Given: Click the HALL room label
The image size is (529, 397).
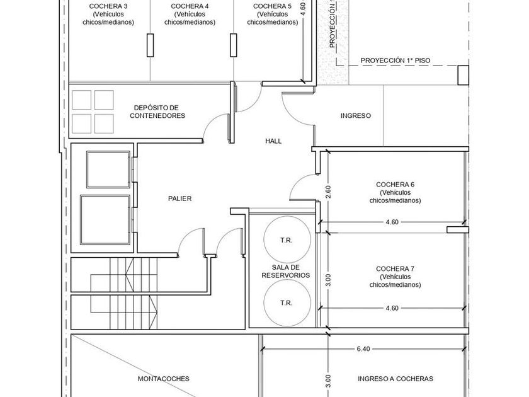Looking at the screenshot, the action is coord(273,141).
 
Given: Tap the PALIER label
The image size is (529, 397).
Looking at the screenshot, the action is coord(180,198).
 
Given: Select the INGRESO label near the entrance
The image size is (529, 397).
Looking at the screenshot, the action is coord(356,115).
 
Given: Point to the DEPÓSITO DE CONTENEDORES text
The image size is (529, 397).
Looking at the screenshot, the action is coord(157,112).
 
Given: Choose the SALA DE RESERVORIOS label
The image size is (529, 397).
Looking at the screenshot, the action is coord(286,272).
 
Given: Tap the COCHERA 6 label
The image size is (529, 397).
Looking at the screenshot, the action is coord(395,184).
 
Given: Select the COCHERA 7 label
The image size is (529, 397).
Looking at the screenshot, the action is coord(395,268).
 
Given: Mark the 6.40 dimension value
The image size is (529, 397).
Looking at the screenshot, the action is coord(363,348).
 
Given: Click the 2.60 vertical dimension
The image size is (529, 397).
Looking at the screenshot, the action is coord(328,192).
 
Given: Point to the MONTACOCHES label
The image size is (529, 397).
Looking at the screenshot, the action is coord(164,379).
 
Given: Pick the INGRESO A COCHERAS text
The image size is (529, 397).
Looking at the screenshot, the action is coord(395,379).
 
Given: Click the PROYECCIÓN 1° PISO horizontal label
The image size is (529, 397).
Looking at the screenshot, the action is coord(395,60).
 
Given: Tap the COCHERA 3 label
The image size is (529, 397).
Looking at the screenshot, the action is coord(108,6).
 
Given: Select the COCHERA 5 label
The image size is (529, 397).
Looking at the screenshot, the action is coord(272,6).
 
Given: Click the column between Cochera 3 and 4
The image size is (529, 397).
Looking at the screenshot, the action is coord(151,45).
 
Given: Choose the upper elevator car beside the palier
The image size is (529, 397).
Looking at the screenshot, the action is coord(108,169).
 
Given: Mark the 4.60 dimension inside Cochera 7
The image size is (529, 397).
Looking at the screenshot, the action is coord(392,308).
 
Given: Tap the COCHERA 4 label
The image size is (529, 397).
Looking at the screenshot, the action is coord(190,6).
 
